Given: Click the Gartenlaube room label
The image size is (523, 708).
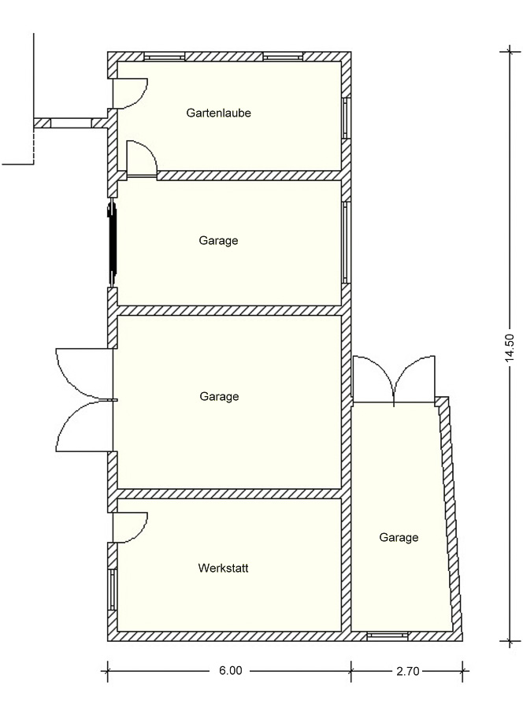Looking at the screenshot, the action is (218, 113).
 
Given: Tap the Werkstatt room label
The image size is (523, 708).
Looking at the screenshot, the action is (223, 568).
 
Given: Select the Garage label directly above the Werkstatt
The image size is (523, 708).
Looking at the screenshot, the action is (219, 396).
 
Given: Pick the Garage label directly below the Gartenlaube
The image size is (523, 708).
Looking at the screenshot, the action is (218, 241).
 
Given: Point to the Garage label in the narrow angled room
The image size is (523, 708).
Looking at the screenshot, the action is (399, 537).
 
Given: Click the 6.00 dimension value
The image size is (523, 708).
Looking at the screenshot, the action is (230, 670).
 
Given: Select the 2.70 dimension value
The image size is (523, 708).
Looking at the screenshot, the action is (408, 671).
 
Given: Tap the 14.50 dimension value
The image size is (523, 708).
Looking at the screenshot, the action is (510, 347).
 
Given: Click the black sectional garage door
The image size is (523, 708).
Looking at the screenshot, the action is (112, 244).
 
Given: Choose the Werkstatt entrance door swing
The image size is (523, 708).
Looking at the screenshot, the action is (130, 528).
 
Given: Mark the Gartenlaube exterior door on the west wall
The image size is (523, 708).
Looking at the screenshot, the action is (130, 93).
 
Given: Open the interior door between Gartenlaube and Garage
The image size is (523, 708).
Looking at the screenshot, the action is (142, 158).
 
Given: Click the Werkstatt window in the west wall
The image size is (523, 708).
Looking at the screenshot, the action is (113, 589).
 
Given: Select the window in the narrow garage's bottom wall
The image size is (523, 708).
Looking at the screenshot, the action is (388, 636).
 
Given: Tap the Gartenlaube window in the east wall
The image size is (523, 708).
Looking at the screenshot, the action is (346, 118).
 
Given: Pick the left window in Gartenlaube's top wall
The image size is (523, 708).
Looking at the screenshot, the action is (165, 56).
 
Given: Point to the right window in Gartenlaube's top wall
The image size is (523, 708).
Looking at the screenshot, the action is (284, 56).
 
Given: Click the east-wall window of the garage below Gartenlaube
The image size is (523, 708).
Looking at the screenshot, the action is (346, 242).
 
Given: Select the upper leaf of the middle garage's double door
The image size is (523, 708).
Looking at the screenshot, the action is (84, 374).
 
